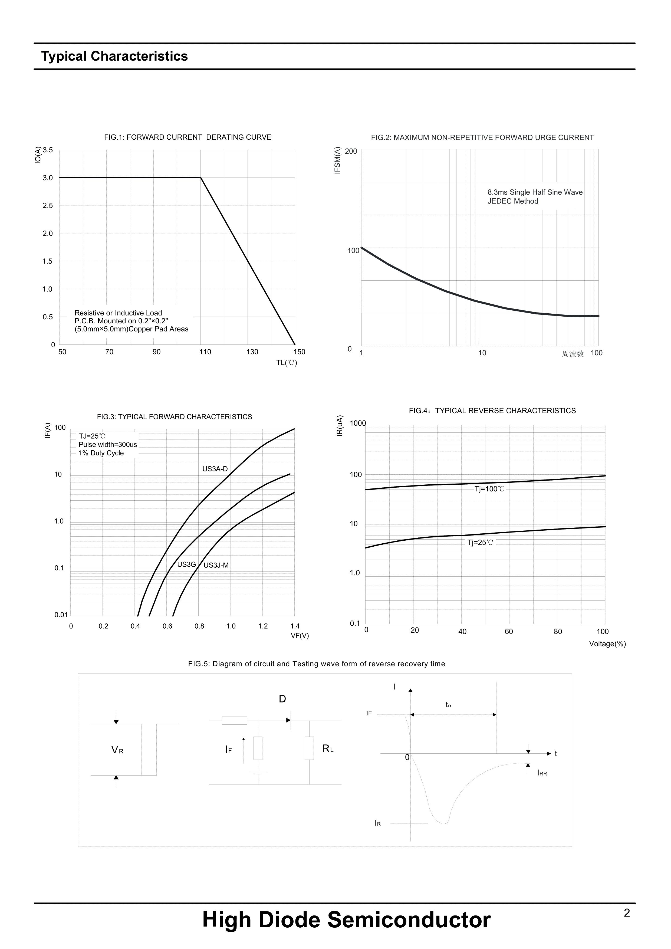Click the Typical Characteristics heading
click(114, 56)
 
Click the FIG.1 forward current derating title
click(188, 137)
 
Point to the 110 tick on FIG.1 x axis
click(205, 352)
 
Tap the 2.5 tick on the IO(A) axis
click(48, 205)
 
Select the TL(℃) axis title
click(286, 363)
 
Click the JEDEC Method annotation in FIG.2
click(513, 201)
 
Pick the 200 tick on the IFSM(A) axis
click(351, 151)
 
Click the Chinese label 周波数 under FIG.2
click(573, 353)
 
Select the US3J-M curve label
click(216, 566)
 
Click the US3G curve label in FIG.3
click(186, 564)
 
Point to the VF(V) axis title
click(300, 636)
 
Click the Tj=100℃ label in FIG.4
click(489, 489)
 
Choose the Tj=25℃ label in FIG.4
click(480, 543)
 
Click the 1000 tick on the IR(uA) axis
click(358, 423)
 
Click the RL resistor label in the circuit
click(328, 748)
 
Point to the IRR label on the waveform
click(542, 773)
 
